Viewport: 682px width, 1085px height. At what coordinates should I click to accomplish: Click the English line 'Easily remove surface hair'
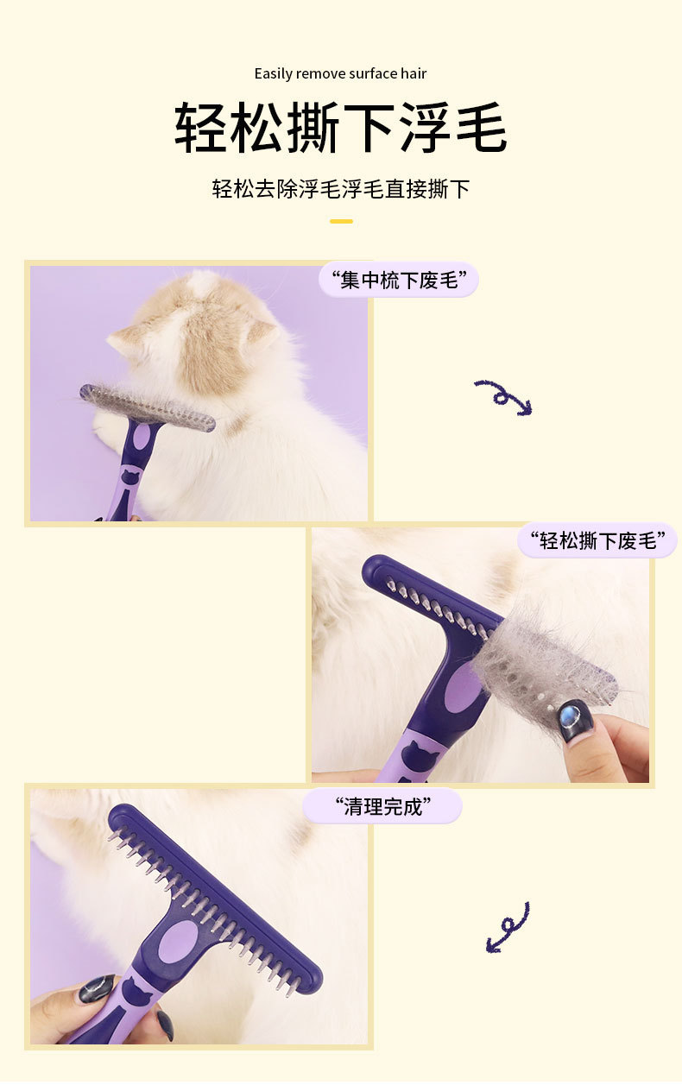click(340, 73)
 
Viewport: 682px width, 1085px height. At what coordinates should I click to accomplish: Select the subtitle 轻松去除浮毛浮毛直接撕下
click(340, 188)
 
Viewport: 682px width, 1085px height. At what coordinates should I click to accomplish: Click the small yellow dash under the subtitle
click(341, 221)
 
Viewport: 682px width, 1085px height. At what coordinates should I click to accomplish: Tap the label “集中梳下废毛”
click(399, 280)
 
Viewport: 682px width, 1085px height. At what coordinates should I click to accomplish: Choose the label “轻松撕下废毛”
click(597, 540)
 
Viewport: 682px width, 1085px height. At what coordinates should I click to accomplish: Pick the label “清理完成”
click(382, 806)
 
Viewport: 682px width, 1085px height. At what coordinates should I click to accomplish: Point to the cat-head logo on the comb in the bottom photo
click(137, 990)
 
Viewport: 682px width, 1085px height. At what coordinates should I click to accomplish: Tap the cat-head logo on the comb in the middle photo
click(420, 754)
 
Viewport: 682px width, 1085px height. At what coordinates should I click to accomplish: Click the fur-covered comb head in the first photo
click(148, 407)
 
